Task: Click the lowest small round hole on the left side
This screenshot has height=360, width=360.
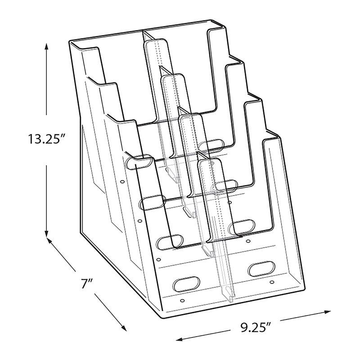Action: [182, 301]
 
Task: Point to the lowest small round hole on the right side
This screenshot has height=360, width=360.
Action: [272, 282]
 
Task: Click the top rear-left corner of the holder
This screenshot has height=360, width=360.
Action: [70, 41]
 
